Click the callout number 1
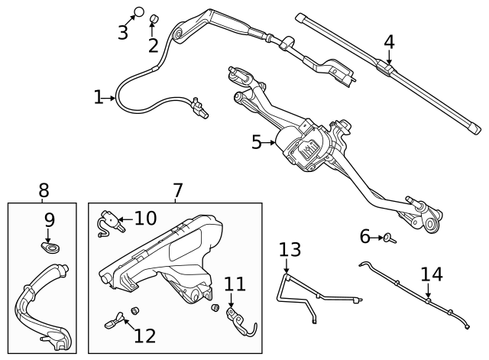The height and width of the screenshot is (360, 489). tap(99, 97)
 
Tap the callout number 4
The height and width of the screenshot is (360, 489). tap(389, 42)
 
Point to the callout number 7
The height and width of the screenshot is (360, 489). tap(177, 190)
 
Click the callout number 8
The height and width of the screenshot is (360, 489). tap(44, 190)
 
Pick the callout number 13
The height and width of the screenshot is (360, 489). tap(290, 249)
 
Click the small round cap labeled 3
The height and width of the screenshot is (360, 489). tap(139, 11)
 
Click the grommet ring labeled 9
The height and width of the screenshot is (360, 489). tap(50, 248)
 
